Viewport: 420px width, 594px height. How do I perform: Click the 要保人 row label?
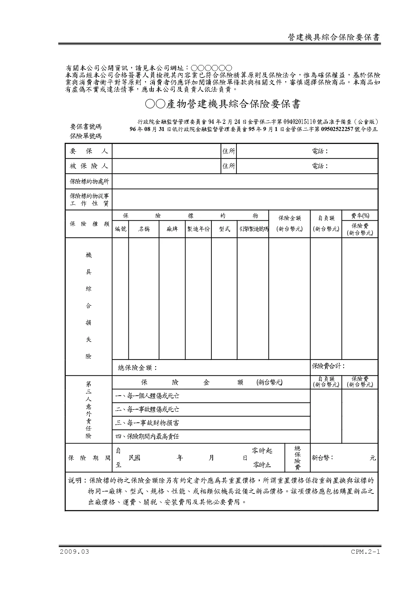coord(89,151)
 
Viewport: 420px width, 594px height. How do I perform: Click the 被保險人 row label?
coord(89,166)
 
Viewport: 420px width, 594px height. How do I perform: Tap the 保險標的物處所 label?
coord(89,181)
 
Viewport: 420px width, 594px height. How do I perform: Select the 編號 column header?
coord(121,229)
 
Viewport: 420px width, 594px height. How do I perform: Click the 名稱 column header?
coord(144,229)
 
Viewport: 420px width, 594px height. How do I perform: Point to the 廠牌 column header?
coord(172,229)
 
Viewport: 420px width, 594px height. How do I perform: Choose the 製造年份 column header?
coord(198,229)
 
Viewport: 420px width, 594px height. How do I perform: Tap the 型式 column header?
coord(224,229)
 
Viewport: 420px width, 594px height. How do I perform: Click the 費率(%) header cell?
coord(360,216)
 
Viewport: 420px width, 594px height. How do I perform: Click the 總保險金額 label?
coord(138,368)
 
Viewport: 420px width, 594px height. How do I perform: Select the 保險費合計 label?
coord(328,366)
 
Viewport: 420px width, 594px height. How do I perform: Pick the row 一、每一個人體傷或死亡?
coord(147,396)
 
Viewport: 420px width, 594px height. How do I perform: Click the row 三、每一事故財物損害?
coord(147,423)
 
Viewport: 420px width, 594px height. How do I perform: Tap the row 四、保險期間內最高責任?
coord(147,437)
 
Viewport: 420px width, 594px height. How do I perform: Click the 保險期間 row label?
coord(89,458)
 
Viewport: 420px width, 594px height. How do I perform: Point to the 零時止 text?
coord(262,465)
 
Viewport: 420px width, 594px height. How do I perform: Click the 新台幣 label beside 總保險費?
coord(322,458)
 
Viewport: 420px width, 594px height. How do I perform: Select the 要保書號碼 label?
coord(86,127)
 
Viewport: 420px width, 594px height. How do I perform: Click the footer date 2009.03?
coord(75,552)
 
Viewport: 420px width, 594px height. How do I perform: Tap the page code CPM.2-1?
coord(365,552)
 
